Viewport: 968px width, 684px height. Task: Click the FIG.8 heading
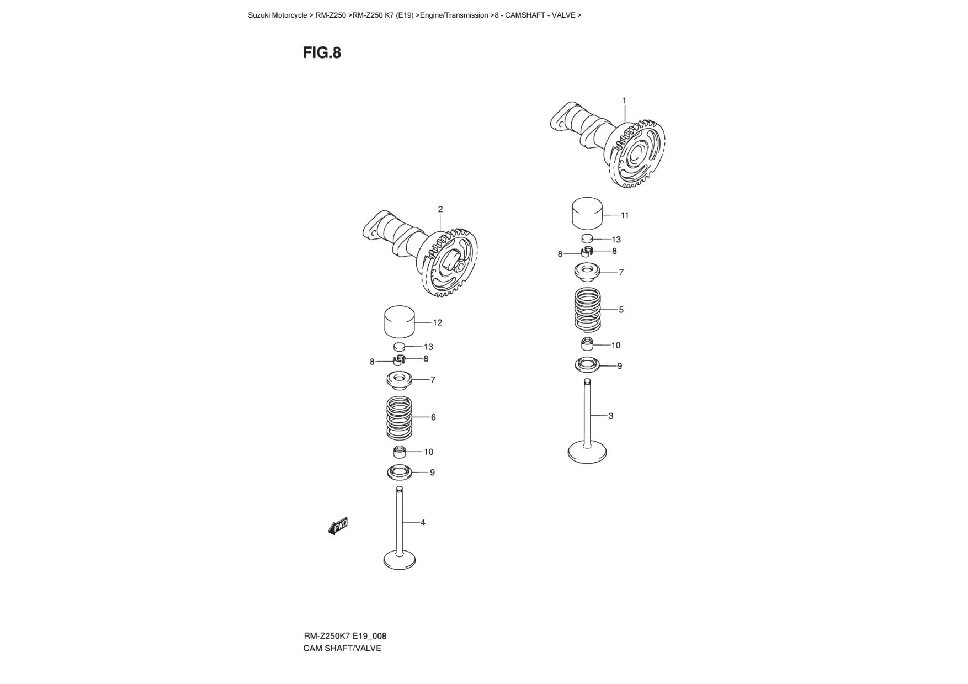pyautogui.click(x=322, y=52)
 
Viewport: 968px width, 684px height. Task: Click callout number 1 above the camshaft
pyautogui.click(x=624, y=100)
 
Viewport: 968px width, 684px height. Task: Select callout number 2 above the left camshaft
pyautogui.click(x=440, y=209)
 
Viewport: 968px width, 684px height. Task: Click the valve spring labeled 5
pyautogui.click(x=588, y=310)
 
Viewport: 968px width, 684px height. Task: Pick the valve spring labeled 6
pyautogui.click(x=400, y=417)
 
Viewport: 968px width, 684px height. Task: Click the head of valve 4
pyautogui.click(x=400, y=560)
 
